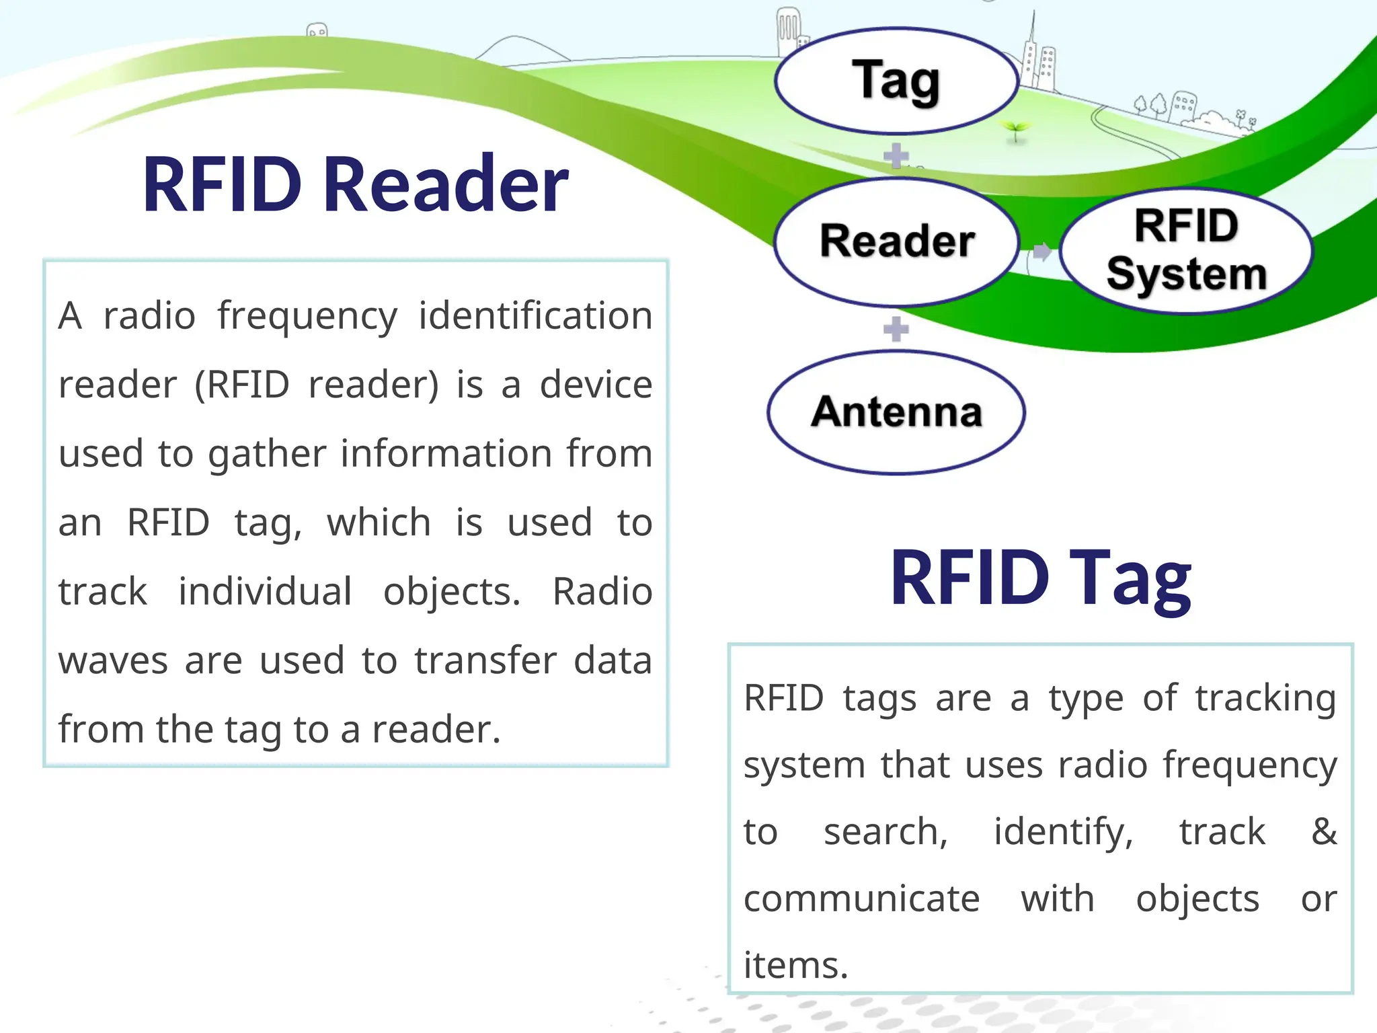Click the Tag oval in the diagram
point(896,82)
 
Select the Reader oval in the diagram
point(896,241)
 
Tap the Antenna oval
point(896,412)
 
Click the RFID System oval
point(1186,251)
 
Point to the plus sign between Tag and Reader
point(896,156)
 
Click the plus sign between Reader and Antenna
point(896,329)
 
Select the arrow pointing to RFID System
point(1041,252)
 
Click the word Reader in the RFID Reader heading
point(446,184)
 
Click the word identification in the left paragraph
point(535,315)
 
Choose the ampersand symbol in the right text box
point(1323,831)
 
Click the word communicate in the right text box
point(861,898)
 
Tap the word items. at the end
point(795,965)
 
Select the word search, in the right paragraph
point(886,833)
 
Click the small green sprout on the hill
point(1015,130)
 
